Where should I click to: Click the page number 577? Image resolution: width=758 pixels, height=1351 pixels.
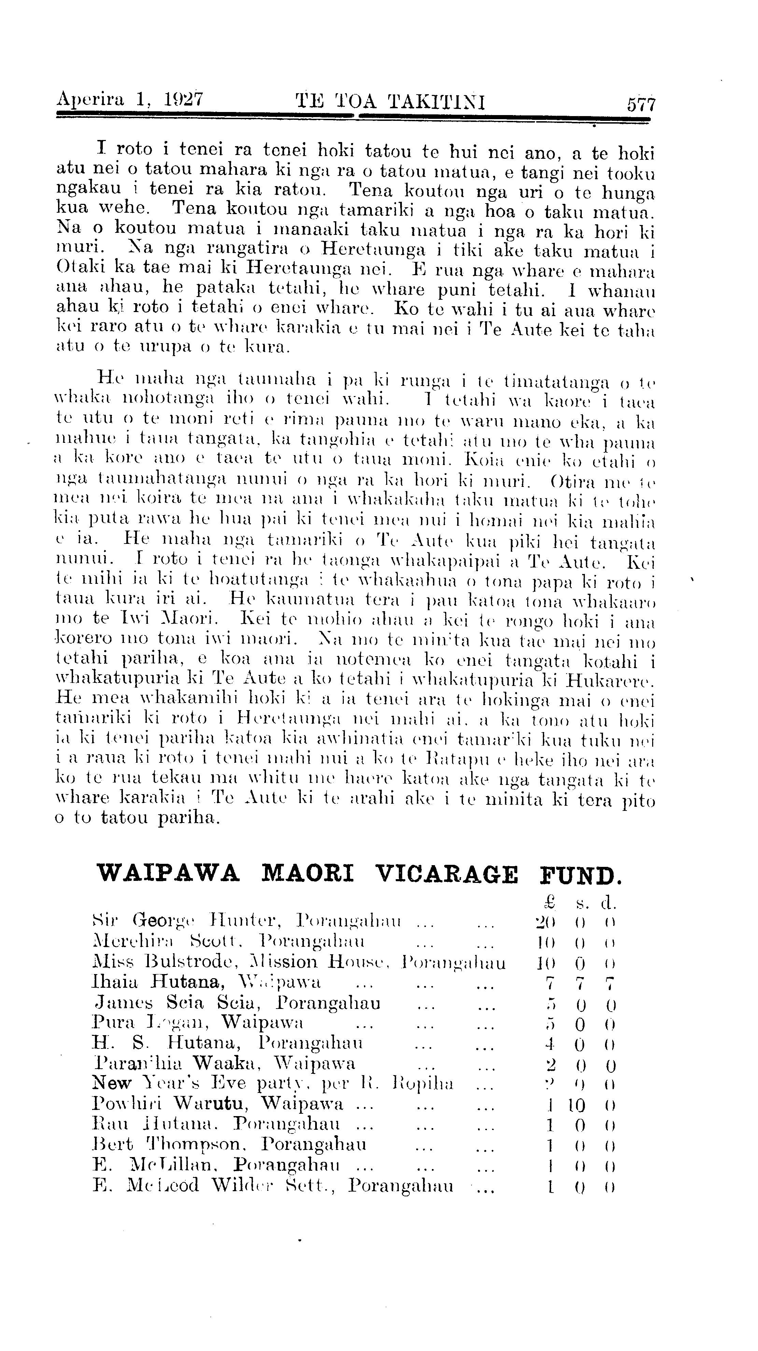[641, 104]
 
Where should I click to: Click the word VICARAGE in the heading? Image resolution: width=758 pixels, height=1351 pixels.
[447, 874]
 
